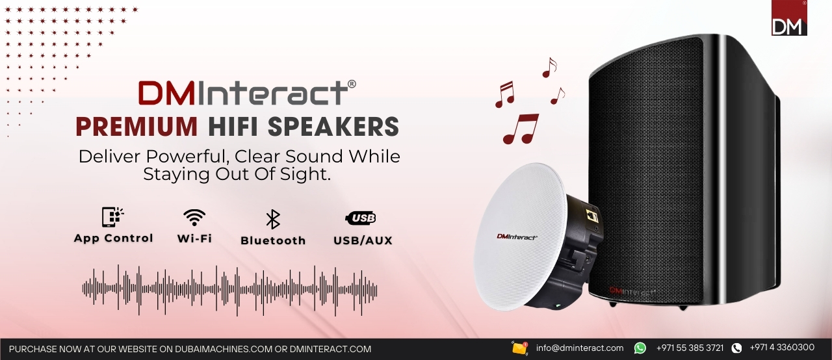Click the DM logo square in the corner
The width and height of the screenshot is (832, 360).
[x=789, y=18]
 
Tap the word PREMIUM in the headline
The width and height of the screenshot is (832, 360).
[x=136, y=127]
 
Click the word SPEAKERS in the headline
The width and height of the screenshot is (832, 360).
[x=333, y=127]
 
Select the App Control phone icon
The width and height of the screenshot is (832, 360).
[x=112, y=217]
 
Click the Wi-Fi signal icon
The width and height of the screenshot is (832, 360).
[x=194, y=218]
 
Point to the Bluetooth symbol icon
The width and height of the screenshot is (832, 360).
[x=273, y=219]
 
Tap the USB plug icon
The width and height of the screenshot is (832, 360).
[x=361, y=218]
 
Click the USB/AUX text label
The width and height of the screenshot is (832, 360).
[x=363, y=240]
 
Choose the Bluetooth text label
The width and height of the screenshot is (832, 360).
[x=273, y=240]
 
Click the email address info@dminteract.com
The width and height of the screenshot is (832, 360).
[x=579, y=348]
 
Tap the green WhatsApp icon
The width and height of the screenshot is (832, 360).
[x=640, y=348]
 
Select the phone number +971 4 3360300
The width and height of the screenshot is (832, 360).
[x=782, y=348]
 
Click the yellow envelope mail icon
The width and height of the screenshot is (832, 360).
[x=520, y=348]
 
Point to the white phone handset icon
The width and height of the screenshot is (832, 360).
[x=736, y=348]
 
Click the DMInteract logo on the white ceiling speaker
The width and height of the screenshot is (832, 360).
[x=517, y=237]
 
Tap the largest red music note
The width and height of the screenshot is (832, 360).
[x=521, y=129]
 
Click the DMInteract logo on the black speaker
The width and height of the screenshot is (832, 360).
[x=631, y=292]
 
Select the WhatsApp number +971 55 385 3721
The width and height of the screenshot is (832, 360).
[x=690, y=348]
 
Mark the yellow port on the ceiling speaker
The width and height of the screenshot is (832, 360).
[x=591, y=216]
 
